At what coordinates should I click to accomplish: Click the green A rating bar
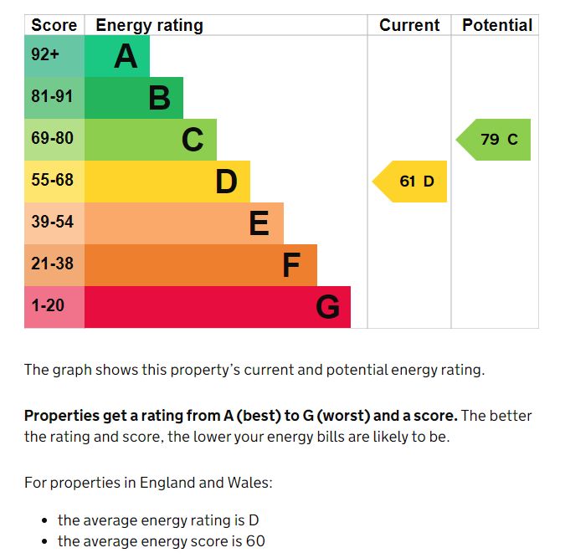pyautogui.click(x=117, y=56)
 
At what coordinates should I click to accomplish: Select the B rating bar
pyautogui.click(x=134, y=98)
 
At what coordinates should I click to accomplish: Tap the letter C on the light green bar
pyautogui.click(x=193, y=140)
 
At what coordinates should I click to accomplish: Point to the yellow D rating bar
pyautogui.click(x=167, y=182)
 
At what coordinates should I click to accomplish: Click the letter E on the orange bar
pyautogui.click(x=259, y=223)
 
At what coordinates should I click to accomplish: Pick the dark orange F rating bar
pyautogui.click(x=201, y=265)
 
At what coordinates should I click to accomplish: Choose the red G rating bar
pyautogui.click(x=218, y=307)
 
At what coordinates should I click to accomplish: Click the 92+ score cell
pyautogui.click(x=46, y=56)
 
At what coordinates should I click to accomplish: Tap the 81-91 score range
pyautogui.click(x=52, y=97)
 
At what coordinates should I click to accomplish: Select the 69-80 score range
pyautogui.click(x=52, y=139)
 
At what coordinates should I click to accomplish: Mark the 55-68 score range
pyautogui.click(x=52, y=181)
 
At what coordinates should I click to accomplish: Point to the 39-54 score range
pyautogui.click(x=52, y=223)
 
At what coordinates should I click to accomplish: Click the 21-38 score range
pyautogui.click(x=52, y=264)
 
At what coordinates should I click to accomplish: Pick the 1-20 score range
pyautogui.click(x=48, y=306)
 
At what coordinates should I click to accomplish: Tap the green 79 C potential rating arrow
pyautogui.click(x=495, y=140)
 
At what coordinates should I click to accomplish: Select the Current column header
pyautogui.click(x=409, y=25)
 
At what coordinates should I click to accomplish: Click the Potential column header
pyautogui.click(x=497, y=25)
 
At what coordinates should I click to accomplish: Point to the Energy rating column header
pyautogui.click(x=149, y=25)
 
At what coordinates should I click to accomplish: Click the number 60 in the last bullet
pyautogui.click(x=255, y=541)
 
